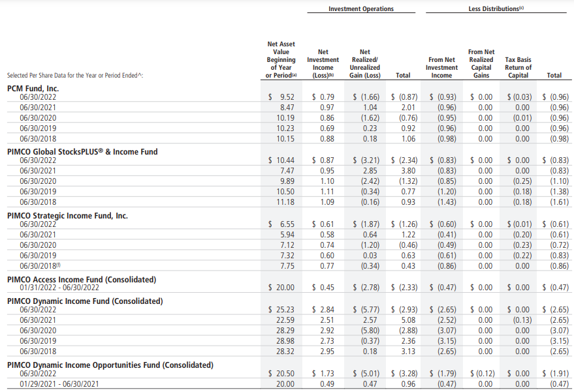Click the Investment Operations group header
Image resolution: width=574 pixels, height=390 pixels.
[x=361, y=8]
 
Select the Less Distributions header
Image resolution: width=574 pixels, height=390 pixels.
[x=496, y=8]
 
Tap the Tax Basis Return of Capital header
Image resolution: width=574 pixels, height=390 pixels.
[x=518, y=67]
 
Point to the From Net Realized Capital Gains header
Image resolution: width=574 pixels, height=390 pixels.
[x=481, y=64]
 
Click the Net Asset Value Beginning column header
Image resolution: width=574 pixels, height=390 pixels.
[x=281, y=59]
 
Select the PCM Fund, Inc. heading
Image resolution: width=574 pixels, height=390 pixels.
[x=33, y=89]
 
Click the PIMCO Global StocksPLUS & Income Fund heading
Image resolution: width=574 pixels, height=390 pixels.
[x=82, y=152]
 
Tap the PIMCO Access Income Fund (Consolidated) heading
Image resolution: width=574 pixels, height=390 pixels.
[x=82, y=280]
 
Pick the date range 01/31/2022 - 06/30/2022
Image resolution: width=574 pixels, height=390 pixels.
[x=59, y=288]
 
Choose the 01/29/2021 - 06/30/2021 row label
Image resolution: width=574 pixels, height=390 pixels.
[x=59, y=384]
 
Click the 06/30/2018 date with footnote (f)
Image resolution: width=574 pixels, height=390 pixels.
[x=40, y=265]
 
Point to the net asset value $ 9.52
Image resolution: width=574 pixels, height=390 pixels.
[x=281, y=97]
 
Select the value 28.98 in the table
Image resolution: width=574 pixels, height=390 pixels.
[x=285, y=341]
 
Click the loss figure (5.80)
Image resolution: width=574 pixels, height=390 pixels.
[x=370, y=331]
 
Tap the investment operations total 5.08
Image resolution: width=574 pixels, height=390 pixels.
[x=408, y=320]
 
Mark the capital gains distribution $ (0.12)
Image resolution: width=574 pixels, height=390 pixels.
[x=483, y=374]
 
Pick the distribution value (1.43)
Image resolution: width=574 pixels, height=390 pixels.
[x=447, y=202]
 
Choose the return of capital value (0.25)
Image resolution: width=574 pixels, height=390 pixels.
[x=522, y=181]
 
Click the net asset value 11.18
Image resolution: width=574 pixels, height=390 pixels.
[x=285, y=202]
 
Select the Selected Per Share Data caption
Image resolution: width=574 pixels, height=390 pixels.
[x=75, y=75]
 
